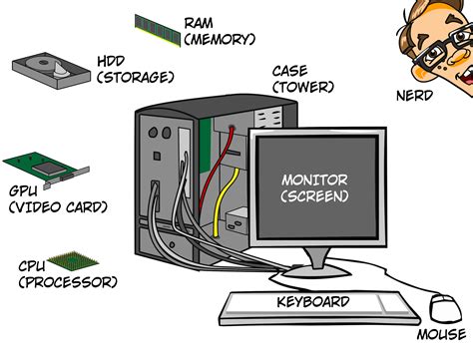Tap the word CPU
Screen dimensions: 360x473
pyautogui.click(x=34, y=266)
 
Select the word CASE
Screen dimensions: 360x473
pyautogui.click(x=290, y=71)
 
